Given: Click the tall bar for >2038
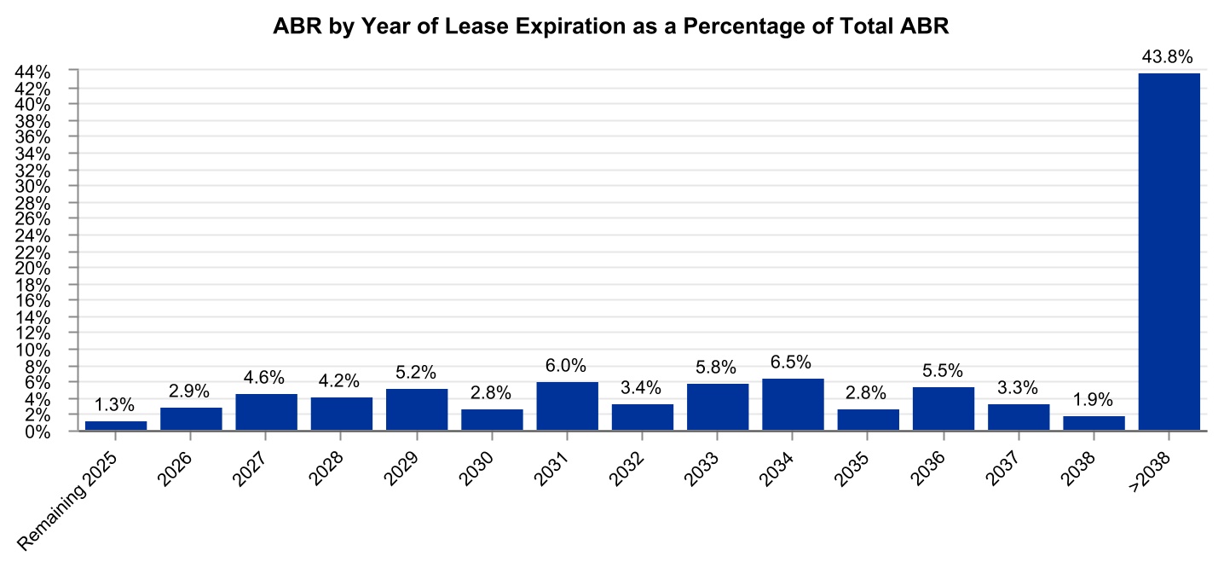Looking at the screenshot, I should coord(1169,252).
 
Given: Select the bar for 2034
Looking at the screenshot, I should coord(793,405).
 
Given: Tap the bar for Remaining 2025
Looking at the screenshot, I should coord(116,426).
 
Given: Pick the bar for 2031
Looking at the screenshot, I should coord(567,407).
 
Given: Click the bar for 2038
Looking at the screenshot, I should coord(1094,423).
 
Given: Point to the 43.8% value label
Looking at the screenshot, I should coord(1169,57).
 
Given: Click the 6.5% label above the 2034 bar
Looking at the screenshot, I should coord(793,362).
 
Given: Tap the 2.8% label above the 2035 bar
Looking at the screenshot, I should coord(868,393).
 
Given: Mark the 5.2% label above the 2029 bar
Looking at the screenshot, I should coord(417,372).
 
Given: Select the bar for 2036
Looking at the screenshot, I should coord(943,409).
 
